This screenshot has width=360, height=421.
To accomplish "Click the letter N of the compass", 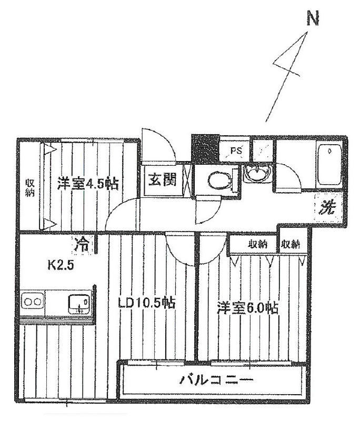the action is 313,19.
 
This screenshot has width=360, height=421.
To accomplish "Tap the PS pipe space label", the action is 236,151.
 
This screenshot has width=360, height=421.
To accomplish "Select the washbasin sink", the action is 258,173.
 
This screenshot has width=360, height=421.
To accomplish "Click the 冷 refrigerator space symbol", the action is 82,244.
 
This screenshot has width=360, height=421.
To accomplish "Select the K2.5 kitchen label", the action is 61,265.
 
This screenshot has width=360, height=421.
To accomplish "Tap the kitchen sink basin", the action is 79,304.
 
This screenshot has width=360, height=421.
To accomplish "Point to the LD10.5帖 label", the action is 147,304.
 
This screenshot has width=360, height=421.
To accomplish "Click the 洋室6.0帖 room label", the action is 247,308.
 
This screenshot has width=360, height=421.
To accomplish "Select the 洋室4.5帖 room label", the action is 88,183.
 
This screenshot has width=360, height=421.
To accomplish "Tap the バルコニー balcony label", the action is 216,380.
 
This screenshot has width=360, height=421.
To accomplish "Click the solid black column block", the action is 205,149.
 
